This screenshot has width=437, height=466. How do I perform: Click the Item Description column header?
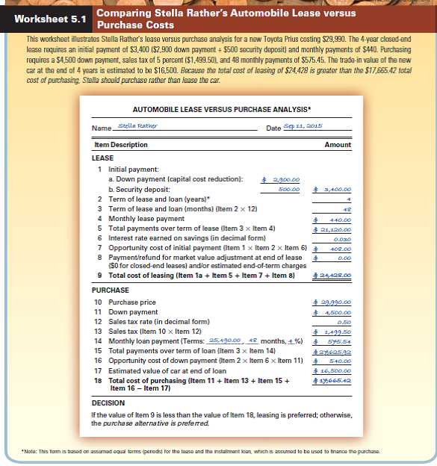pos(119,145)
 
